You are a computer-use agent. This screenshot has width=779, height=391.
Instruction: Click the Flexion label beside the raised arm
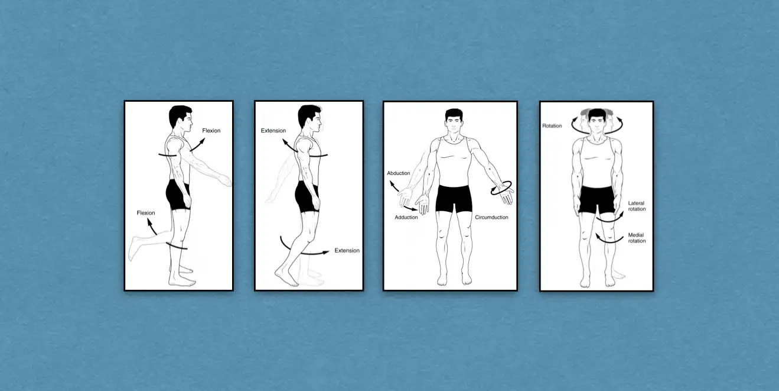(211, 131)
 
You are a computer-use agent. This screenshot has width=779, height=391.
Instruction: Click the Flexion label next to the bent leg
(145, 213)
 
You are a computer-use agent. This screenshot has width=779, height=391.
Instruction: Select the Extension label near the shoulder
(273, 131)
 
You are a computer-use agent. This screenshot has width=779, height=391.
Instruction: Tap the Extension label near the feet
(347, 251)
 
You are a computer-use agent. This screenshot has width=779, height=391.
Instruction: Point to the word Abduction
(398, 173)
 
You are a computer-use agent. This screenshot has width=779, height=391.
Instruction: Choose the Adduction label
(406, 218)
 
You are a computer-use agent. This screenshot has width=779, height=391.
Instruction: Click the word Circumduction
(491, 218)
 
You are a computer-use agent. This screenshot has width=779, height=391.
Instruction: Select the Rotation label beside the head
(552, 126)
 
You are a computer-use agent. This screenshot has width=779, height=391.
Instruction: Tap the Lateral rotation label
(637, 206)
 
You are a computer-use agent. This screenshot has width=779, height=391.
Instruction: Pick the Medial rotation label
(637, 238)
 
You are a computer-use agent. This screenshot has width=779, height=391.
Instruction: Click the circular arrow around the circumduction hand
(502, 189)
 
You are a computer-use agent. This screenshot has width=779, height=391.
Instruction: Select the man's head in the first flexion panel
(180, 118)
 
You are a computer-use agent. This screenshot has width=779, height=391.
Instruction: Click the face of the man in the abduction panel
(453, 121)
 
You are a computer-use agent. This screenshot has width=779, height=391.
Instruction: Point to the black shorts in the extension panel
(307, 196)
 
